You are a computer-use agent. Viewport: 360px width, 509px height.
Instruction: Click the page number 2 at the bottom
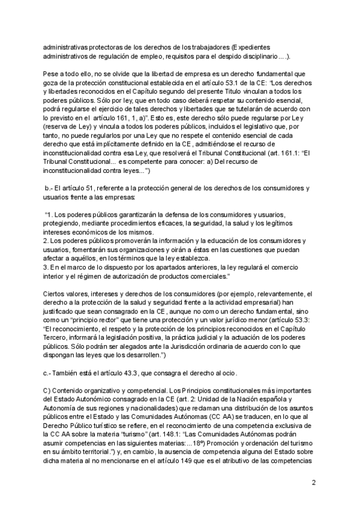(313, 481)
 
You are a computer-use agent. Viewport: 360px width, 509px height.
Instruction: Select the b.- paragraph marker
(50, 188)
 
